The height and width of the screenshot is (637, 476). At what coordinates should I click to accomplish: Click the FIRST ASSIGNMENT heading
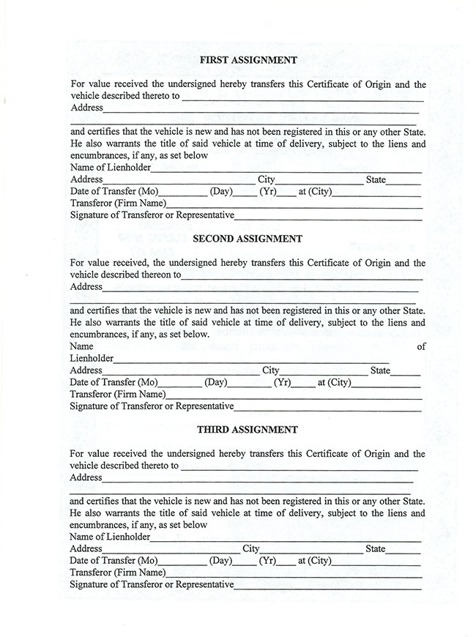[238, 60]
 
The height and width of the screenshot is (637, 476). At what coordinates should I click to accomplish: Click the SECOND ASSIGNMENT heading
[237, 238]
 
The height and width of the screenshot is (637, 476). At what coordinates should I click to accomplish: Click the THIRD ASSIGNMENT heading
[237, 429]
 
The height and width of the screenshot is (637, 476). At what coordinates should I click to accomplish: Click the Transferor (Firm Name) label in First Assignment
[117, 204]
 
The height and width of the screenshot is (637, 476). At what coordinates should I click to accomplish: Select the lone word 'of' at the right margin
[420, 346]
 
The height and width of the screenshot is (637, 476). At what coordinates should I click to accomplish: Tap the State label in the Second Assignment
[380, 370]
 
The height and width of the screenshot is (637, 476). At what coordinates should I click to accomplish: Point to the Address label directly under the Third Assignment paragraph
[86, 477]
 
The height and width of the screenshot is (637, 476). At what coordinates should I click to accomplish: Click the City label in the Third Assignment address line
[251, 548]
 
